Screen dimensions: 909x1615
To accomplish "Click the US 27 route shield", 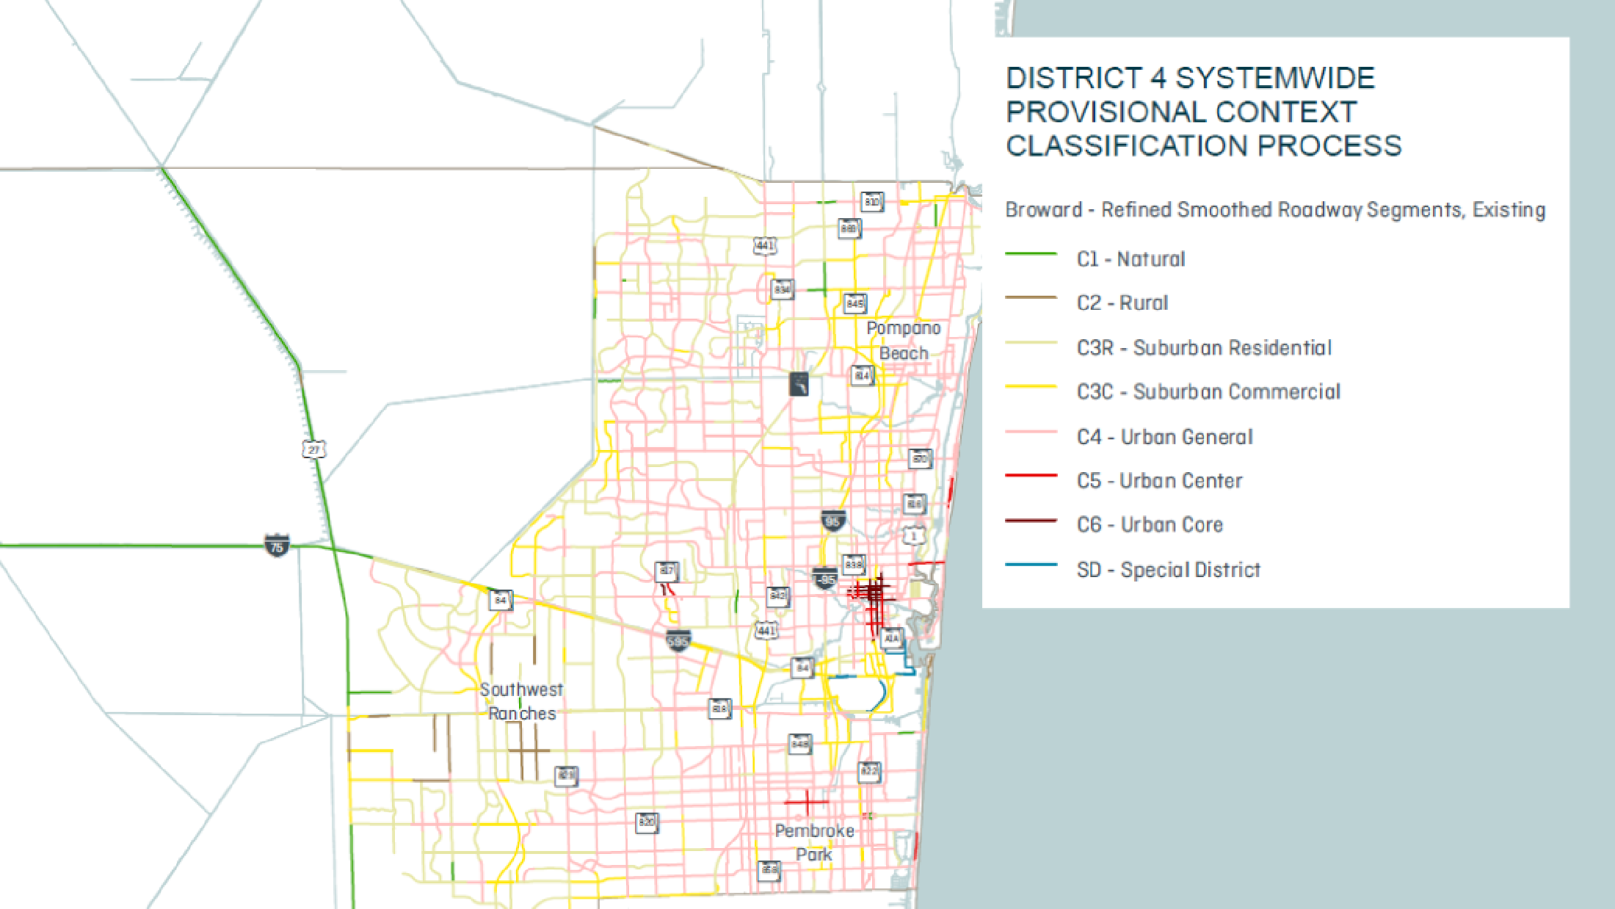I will (313, 449).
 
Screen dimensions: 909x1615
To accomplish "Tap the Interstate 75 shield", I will (277, 546).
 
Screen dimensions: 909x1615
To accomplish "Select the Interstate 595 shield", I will (678, 640).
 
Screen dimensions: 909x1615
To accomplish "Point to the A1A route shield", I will (891, 638).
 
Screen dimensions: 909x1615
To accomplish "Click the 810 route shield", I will (871, 201).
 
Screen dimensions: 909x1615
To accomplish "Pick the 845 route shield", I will (854, 303).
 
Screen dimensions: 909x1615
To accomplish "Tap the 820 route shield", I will (646, 822).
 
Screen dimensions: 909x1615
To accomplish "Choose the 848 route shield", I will (799, 744).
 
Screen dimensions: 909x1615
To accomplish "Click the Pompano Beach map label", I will (903, 341).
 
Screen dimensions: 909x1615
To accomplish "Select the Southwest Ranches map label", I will (521, 701).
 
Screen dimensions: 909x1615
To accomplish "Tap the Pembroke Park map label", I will (814, 842).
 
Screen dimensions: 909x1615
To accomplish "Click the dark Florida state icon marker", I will (799, 384).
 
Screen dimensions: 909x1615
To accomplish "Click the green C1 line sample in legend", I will (1031, 254).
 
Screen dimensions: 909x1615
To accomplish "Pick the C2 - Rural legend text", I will (1122, 303).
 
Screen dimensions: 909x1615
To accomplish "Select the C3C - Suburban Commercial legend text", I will (1208, 391).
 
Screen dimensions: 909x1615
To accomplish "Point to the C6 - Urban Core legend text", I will (1150, 524).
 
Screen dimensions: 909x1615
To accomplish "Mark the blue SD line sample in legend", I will (1031, 565).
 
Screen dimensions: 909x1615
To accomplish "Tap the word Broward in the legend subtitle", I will (1043, 210).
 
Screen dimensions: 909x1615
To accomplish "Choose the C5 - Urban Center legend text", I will (1159, 480).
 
